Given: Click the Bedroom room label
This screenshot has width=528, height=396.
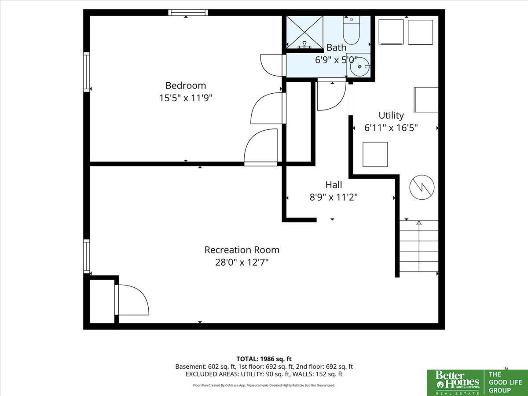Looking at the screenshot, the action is coord(186,86).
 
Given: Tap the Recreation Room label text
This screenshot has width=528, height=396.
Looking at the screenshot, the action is coord(242,250).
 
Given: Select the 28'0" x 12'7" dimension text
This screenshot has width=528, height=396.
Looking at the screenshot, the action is coord(242,262).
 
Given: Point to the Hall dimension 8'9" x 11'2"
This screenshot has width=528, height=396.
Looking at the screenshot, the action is coord(334,198).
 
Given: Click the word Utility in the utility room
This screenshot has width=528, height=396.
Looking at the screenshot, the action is coord(391,116).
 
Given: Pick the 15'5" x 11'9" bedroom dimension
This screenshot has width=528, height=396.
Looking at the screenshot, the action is coord(186,98).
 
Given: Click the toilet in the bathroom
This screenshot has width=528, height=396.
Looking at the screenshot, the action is coord(351,30).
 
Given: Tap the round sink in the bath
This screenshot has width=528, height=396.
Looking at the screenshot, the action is coord(360,66).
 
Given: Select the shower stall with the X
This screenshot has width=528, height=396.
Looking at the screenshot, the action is coord(305,32).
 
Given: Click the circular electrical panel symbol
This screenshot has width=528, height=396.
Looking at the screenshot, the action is coord(422,187).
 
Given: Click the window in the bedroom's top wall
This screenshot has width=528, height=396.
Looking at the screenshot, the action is coord(188,12).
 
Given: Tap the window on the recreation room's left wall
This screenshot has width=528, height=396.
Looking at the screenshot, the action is coord(87,257).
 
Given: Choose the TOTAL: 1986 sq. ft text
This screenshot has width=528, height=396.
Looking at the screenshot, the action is coord(264,359).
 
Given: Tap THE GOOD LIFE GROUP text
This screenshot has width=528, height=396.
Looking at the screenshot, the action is coord(505,382).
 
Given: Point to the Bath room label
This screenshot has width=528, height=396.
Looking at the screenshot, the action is coord(336,48).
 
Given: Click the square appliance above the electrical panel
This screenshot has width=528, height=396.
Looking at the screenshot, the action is coord(375,154).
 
